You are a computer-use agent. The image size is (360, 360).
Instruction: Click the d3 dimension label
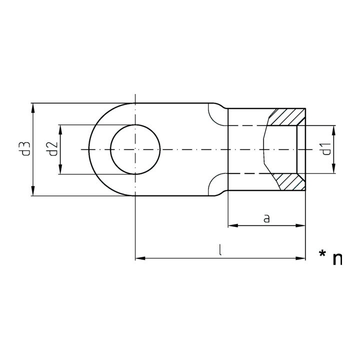[26, 149]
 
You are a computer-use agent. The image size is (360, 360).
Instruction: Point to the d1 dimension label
[326, 149]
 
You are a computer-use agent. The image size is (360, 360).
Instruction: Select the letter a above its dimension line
[266, 218]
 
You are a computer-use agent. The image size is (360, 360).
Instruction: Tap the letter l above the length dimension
[220, 250]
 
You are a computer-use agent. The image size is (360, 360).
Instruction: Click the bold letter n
[337, 259]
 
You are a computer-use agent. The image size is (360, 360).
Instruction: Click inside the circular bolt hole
[135, 149]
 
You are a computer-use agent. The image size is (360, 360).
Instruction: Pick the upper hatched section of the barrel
[287, 117]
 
